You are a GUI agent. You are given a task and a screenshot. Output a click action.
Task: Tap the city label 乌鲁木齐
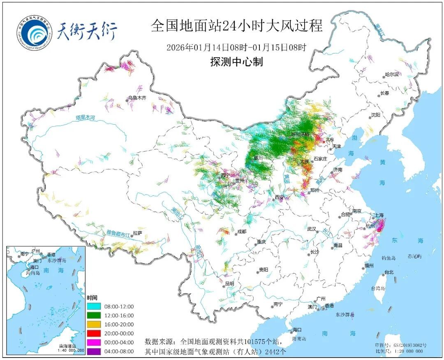[x=137, y=98]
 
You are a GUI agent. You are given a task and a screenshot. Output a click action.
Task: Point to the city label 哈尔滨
[x=392, y=74]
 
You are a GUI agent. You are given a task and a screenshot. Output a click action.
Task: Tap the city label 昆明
[x=229, y=283]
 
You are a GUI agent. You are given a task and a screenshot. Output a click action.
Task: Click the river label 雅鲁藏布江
[x=118, y=233]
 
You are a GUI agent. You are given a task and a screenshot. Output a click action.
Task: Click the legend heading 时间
[x=92, y=297]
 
